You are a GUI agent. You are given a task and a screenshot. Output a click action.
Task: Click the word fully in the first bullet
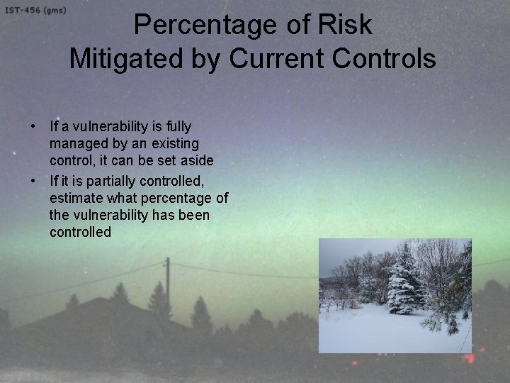pos(177,127)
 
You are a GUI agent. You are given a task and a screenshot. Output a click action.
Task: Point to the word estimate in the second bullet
pos(75,198)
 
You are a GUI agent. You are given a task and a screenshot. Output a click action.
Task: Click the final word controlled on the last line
pos(80,233)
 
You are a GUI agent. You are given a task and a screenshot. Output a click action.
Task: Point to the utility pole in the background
pos(167,284)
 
